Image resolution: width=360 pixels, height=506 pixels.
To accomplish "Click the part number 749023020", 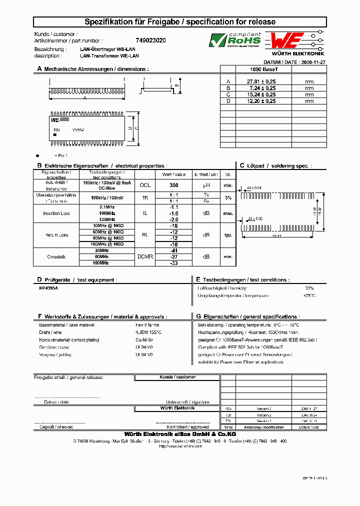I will pos(151,40).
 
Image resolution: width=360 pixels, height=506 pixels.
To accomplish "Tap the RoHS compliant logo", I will pos(235,40).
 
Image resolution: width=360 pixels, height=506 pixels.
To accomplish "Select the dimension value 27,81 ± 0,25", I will pos(262,81).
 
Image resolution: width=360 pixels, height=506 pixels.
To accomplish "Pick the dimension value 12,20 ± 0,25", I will pos(262,101).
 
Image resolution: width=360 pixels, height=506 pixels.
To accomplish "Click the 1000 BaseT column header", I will pos(263,69).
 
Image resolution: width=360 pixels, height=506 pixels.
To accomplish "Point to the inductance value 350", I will pos(174,184).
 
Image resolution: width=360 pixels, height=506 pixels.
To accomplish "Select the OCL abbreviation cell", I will pos(144,184).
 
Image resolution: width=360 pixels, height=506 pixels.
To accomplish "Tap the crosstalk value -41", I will pos(174,250).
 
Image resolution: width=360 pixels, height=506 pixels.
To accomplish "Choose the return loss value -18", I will pos(174,226).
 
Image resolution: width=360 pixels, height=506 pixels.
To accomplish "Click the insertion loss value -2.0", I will pos(174,219).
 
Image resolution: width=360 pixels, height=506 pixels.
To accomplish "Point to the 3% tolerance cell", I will pos(228,198).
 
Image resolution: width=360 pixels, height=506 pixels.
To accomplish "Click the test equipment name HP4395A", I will pos(48,289).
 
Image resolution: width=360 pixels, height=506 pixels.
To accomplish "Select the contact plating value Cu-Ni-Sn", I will pos(144,339).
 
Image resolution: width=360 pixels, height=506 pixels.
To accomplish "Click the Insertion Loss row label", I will pos(56,213).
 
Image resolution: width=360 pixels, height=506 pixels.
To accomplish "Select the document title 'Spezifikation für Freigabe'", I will pos(134,22).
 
